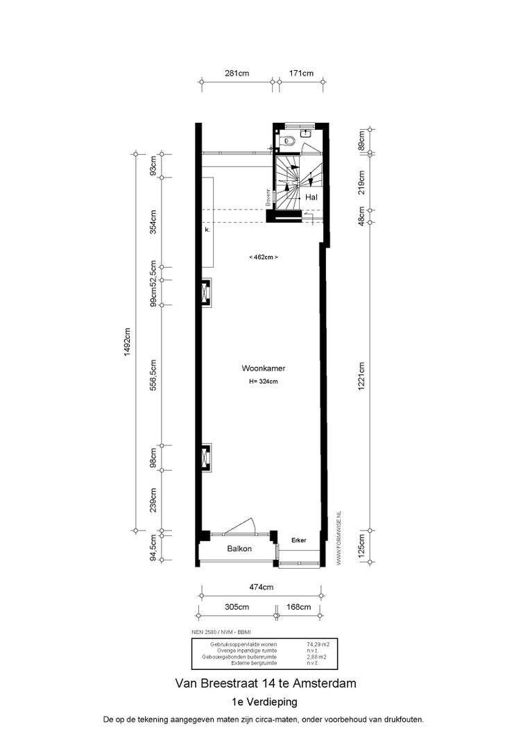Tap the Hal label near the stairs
click(x=311, y=198)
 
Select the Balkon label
click(x=239, y=549)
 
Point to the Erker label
click(x=299, y=540)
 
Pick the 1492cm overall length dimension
click(x=128, y=341)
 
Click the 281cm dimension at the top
click(x=237, y=73)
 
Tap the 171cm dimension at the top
click(x=301, y=73)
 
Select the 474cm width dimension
click(x=262, y=587)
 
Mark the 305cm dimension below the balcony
click(x=237, y=607)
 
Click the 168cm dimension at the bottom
click(x=299, y=607)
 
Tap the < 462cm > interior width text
click(x=264, y=257)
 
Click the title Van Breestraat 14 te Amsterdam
click(x=265, y=683)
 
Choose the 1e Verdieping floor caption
click(x=265, y=702)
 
